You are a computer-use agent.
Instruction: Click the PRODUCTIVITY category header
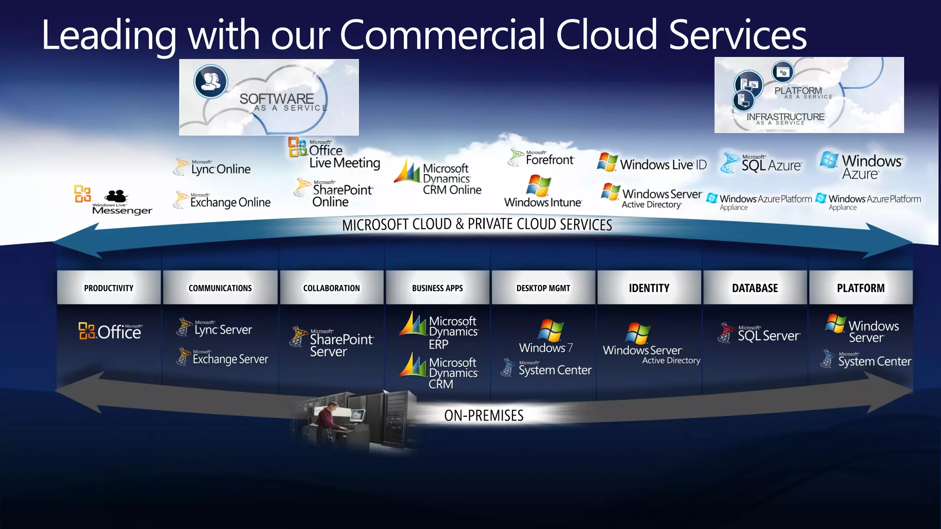pyautogui.click(x=109, y=288)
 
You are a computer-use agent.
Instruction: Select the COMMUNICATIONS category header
pyautogui.click(x=220, y=288)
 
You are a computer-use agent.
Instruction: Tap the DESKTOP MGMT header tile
pyautogui.click(x=543, y=288)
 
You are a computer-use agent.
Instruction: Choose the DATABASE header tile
pyautogui.click(x=755, y=288)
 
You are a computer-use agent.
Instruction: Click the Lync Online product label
pyautogui.click(x=220, y=169)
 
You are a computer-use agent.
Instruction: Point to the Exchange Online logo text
pyautogui.click(x=230, y=202)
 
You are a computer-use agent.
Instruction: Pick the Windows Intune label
pyautogui.click(x=543, y=202)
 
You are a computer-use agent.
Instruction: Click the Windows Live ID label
pyautogui.click(x=663, y=164)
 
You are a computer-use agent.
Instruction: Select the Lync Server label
pyautogui.click(x=222, y=329)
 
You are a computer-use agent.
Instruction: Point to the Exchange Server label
pyautogui.click(x=230, y=359)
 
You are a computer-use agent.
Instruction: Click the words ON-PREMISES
pyautogui.click(x=484, y=416)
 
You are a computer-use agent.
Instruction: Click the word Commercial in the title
pyautogui.click(x=442, y=35)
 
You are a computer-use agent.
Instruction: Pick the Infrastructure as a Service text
pyautogui.click(x=785, y=118)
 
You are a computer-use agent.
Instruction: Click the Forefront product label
pyautogui.click(x=549, y=159)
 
